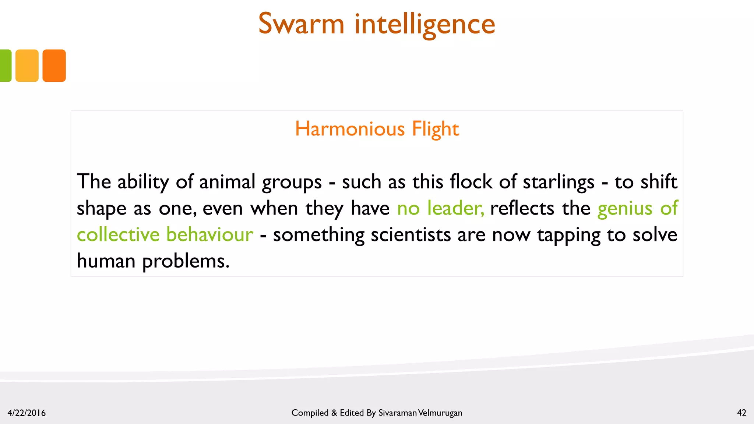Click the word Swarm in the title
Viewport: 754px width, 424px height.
point(301,24)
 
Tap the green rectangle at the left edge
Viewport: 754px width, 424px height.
point(5,66)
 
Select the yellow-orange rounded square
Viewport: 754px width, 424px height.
point(27,66)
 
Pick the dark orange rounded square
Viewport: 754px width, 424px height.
point(54,66)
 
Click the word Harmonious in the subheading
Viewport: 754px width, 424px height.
point(350,129)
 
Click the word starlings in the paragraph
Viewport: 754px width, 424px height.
point(559,182)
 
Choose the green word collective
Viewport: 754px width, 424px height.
point(118,234)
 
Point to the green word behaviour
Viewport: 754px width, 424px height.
point(209,234)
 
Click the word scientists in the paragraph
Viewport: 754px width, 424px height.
point(411,235)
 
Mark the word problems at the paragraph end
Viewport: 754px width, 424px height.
point(186,262)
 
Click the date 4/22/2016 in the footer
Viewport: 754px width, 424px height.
point(27,413)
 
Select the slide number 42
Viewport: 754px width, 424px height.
point(741,413)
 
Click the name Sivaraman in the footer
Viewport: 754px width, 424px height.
point(397,413)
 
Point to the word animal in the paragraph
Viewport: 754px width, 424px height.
point(227,182)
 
